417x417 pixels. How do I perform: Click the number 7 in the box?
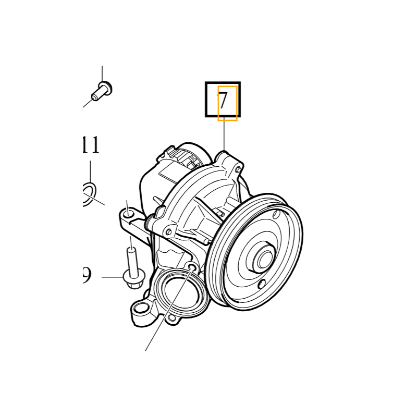pos(223,100)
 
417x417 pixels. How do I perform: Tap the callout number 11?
pos(91,145)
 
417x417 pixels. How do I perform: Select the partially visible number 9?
pos(87,275)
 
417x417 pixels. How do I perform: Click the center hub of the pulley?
pos(264,259)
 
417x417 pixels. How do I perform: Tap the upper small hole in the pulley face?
pos(276,214)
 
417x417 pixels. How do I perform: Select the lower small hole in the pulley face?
pos(262,284)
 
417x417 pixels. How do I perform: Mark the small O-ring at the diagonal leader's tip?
pos(192,267)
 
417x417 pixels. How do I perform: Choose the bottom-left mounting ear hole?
pos(141,308)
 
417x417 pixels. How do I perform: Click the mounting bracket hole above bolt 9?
pos(129,214)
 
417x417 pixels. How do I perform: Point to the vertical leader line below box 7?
pos(224,134)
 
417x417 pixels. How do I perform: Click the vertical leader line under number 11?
pos(90,172)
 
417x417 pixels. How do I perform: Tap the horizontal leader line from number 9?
pos(112,277)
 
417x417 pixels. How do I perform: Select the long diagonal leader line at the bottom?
pos(168,309)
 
